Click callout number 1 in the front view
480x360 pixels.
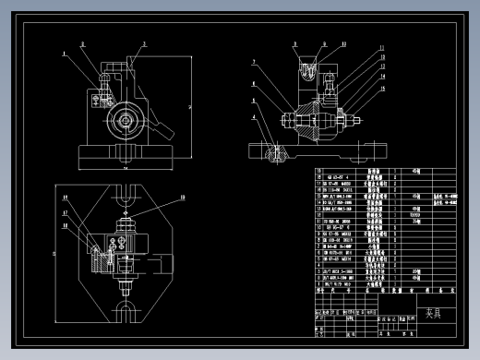tap(65, 54)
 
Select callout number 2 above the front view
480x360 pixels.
tap(81, 43)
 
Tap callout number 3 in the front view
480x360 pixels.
tap(144, 43)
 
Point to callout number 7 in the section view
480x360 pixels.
tap(253, 62)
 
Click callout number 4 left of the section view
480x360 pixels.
tap(253, 117)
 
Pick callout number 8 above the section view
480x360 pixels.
tap(295, 43)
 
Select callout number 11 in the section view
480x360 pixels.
tap(343, 43)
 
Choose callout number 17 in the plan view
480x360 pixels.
tap(66, 212)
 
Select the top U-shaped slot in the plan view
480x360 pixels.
tap(126, 196)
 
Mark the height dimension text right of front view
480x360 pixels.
tap(189, 106)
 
